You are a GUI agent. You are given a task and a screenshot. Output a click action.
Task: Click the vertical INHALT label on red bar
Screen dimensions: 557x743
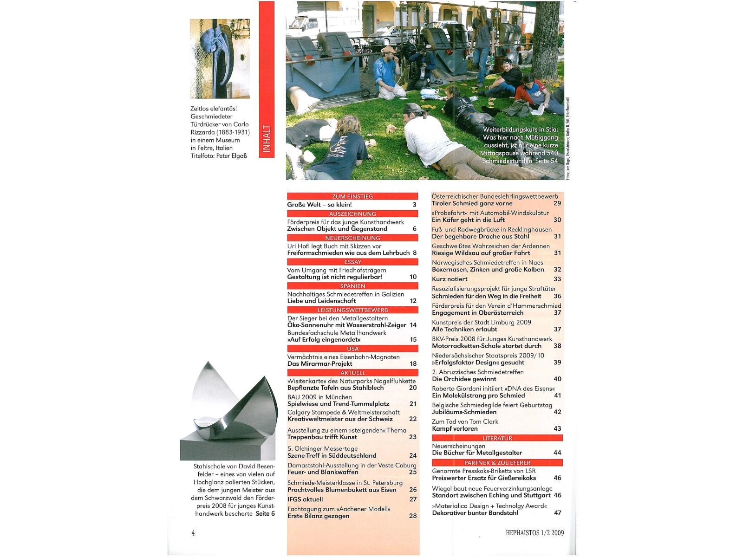[267, 138]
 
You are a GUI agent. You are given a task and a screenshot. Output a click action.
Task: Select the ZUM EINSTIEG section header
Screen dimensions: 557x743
[352, 196]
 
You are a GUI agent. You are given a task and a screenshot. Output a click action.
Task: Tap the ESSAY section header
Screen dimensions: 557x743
[352, 262]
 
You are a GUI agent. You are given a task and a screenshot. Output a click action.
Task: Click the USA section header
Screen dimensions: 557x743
[352, 349]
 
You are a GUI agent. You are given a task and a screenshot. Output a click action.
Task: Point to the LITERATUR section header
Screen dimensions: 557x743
[497, 438]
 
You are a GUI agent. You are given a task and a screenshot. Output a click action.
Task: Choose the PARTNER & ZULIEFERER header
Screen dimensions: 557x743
[497, 463]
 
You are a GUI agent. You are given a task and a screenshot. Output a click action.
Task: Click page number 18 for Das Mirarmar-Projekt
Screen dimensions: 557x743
[413, 364]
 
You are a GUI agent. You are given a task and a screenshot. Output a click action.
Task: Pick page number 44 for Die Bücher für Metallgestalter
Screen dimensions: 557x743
[557, 453]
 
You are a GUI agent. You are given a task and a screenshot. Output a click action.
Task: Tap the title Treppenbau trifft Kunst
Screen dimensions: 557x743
[322, 437]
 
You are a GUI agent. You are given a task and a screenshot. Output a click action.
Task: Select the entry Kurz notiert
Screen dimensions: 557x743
[450, 279]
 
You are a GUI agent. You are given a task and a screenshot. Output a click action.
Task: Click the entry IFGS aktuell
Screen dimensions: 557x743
[305, 499]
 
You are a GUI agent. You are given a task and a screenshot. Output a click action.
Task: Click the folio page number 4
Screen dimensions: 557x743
[193, 533]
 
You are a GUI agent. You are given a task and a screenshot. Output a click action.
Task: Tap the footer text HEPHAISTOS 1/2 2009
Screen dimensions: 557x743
[534, 533]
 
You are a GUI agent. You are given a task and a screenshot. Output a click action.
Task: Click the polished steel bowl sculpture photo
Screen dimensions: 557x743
[228, 411]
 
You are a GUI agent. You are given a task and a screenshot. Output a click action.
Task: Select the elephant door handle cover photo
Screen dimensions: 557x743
[220, 58]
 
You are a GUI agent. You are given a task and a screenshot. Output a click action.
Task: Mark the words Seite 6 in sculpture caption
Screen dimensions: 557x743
[265, 514]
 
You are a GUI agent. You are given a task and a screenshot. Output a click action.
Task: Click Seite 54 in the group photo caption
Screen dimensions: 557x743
[547, 161]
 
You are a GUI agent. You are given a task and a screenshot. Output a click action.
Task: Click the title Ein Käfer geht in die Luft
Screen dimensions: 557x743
[468, 220]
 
